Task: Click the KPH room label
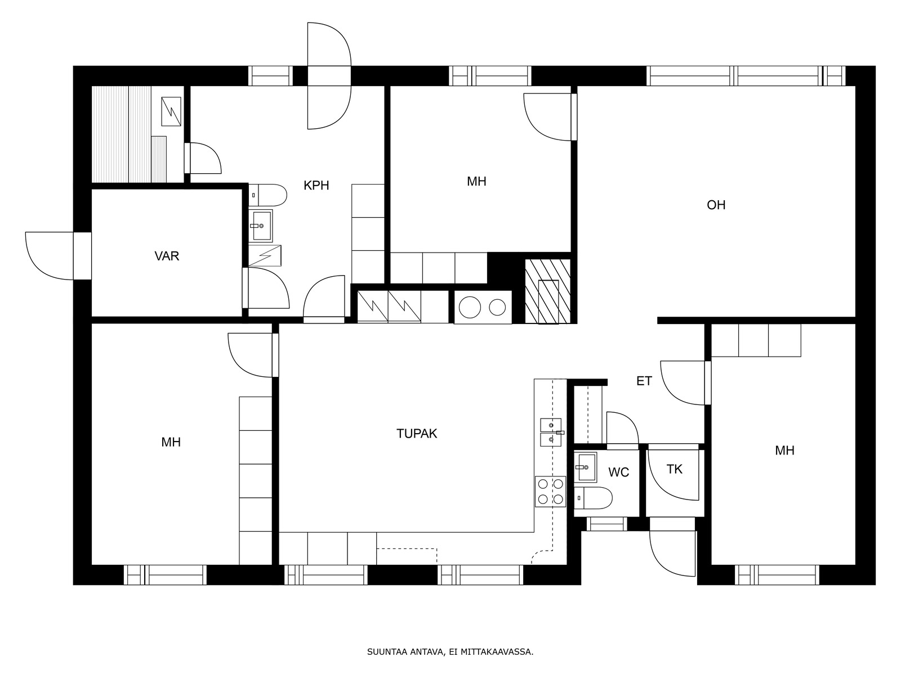(316, 185)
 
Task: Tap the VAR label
(167, 256)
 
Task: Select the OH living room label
(716, 205)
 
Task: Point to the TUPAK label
(417, 434)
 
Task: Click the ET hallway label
(644, 381)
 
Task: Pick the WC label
(618, 472)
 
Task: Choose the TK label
(675, 469)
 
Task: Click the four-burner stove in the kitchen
(550, 492)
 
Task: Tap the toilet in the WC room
(593, 498)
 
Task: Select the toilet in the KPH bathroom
(267, 195)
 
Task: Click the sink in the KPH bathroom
(261, 226)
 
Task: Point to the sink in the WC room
(585, 467)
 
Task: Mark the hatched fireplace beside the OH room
(548, 291)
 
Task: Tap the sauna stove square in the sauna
(171, 111)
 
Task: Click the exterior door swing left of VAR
(49, 256)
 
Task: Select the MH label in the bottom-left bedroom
(171, 442)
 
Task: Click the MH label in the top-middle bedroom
(476, 182)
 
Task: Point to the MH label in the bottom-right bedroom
(784, 451)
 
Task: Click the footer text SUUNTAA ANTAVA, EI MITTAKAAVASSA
(450, 652)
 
